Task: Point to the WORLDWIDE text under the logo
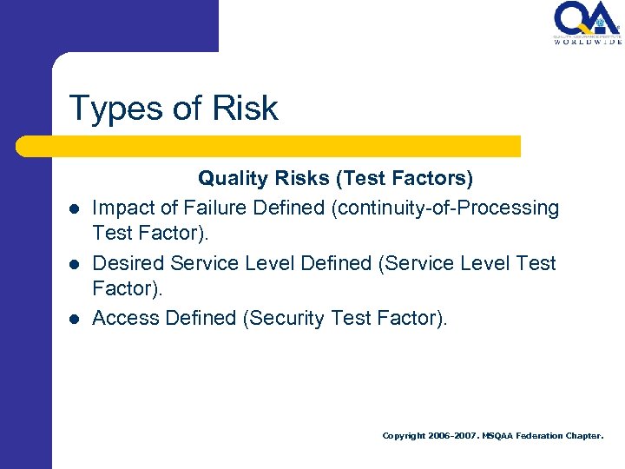coord(588,41)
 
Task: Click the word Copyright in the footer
coord(404,436)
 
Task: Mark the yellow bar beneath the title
coord(269,146)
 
